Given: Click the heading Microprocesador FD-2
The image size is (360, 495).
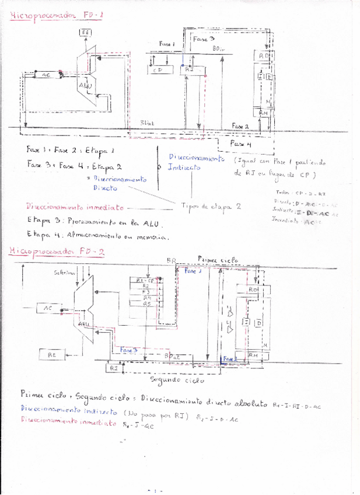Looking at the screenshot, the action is click(57, 252).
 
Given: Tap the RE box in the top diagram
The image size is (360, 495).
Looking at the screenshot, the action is click(86, 32).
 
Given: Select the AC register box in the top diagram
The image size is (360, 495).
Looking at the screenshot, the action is click(46, 75).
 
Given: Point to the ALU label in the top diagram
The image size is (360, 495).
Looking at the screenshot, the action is click(85, 86).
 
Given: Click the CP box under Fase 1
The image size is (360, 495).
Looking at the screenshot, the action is click(157, 70).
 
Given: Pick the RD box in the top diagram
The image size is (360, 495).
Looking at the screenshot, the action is click(263, 56).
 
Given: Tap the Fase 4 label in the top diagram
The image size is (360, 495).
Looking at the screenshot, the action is click(240, 143).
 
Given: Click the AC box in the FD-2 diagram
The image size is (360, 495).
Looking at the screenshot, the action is click(48, 308).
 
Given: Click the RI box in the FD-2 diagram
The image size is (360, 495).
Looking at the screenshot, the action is click(113, 368).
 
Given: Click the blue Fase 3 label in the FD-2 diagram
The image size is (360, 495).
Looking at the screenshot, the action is click(129, 349).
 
